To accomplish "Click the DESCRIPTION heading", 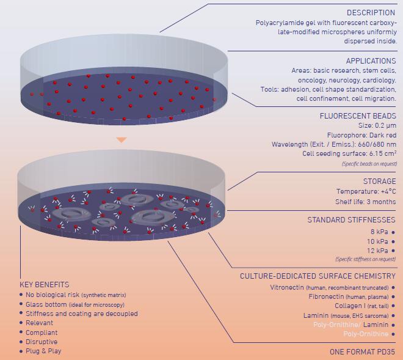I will [371, 12].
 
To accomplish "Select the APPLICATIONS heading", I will [371, 61].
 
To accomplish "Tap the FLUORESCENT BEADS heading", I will [357, 115].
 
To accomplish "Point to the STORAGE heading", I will [379, 181].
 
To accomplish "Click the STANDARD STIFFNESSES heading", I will [350, 220].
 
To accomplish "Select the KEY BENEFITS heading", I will [45, 285].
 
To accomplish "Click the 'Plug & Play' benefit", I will [44, 351].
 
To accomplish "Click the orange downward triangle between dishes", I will [122, 140].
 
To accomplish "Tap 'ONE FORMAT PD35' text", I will [362, 352].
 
